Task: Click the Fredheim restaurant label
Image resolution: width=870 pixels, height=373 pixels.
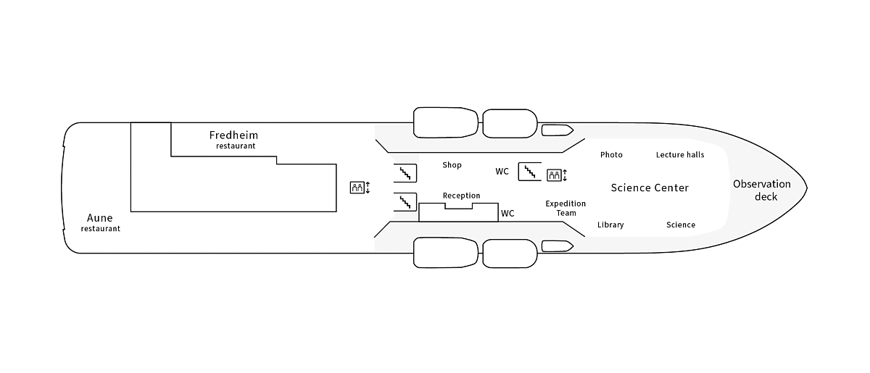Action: point(234,139)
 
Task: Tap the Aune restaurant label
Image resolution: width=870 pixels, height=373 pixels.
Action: point(100,222)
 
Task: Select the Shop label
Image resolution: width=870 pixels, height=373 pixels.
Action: point(452,165)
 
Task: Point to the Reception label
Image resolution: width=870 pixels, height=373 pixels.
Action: point(461,196)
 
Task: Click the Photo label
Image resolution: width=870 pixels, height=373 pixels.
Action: point(611,155)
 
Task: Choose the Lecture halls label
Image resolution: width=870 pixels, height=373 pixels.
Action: point(680,155)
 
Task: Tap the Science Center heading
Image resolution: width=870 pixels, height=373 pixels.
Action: point(650,188)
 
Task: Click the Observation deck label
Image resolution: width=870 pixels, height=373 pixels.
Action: point(761,190)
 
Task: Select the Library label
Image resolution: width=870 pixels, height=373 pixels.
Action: point(610,225)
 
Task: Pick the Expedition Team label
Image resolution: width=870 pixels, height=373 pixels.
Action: point(565,209)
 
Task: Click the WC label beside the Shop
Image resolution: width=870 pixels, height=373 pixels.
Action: point(502,172)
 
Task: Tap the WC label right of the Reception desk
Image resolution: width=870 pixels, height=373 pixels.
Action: point(507,214)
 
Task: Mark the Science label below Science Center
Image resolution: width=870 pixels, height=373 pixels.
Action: point(681,225)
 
